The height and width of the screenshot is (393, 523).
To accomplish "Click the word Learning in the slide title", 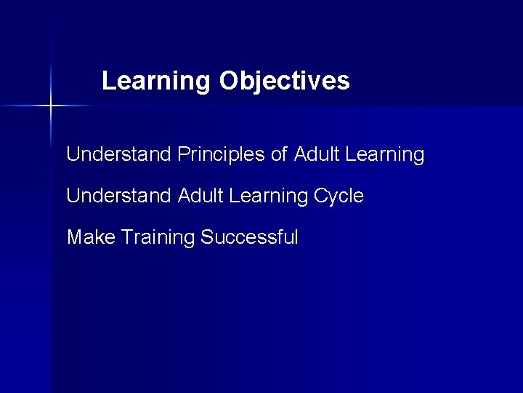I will (x=155, y=82).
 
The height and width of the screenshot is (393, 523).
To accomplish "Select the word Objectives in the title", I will (x=284, y=81).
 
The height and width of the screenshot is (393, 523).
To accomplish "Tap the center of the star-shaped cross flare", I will (x=50, y=106).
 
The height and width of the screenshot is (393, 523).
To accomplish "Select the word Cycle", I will (x=339, y=196).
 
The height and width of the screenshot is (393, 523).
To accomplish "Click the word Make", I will (x=92, y=237).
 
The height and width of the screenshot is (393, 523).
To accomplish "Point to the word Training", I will (x=158, y=238).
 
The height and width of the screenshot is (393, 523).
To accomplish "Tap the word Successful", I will (x=249, y=237).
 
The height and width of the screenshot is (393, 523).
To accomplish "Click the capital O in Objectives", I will (x=227, y=81).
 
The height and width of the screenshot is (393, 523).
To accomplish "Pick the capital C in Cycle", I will (x=321, y=196).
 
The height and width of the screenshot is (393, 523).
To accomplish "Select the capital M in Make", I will (x=74, y=237).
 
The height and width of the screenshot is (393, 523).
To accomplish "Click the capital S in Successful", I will (x=206, y=237).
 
